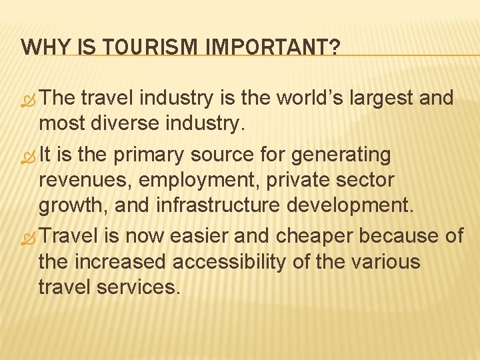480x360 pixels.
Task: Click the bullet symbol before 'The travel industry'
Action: pos(29,101)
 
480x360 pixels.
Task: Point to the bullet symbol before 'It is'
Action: pos(29,157)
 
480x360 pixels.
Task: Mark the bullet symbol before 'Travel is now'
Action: pos(29,239)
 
